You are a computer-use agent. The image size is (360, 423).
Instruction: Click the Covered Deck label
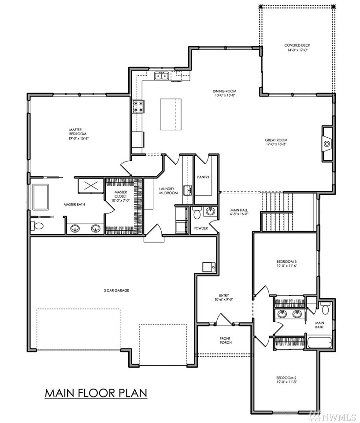coord(297,45)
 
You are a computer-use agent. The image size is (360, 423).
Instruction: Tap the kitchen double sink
coord(162,76)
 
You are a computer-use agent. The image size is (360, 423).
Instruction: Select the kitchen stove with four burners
coord(138,106)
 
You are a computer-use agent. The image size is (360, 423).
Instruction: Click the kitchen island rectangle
coord(171,114)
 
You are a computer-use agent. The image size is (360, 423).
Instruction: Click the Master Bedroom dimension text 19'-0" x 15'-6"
coord(78,138)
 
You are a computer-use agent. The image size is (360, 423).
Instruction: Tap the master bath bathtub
coord(41,197)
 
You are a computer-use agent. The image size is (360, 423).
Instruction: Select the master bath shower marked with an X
coord(90,186)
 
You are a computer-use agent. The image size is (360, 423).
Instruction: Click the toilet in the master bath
coord(37,226)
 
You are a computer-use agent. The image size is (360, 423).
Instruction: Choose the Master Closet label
coord(120,194)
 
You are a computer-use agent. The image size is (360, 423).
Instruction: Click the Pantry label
coord(203,177)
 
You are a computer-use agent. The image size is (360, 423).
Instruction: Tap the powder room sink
coord(210,211)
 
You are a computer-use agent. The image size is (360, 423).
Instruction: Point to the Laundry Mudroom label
coord(168,191)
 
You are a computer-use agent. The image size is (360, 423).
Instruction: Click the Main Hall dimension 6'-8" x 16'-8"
coord(239,214)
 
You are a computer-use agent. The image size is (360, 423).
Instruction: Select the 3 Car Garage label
coord(116,291)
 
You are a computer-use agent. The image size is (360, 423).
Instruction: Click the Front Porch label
coord(225,340)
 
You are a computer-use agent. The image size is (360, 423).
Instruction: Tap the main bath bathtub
coord(319,342)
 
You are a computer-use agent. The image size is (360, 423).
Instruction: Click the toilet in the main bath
coord(325,309)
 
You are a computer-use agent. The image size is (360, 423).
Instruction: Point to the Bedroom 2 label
coord(286,378)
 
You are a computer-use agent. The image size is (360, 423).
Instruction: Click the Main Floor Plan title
coord(96,393)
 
